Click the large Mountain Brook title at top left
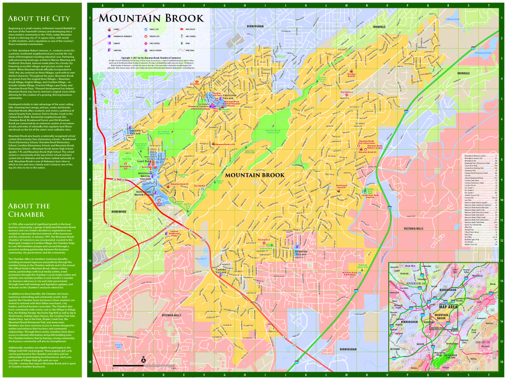pyautogui.click(x=151, y=18)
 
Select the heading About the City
pyautogui.click(x=39, y=18)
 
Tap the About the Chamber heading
pyautogui.click(x=29, y=210)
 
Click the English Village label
pyautogui.click(x=135, y=132)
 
